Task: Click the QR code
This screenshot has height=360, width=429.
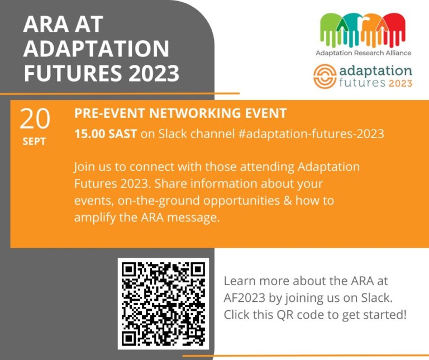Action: (163, 304)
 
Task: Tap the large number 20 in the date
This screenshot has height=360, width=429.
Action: (35, 119)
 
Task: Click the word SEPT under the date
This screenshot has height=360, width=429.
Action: (35, 142)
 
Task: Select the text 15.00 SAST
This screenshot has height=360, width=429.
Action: (105, 134)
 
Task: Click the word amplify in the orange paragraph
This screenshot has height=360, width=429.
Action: (93, 217)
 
